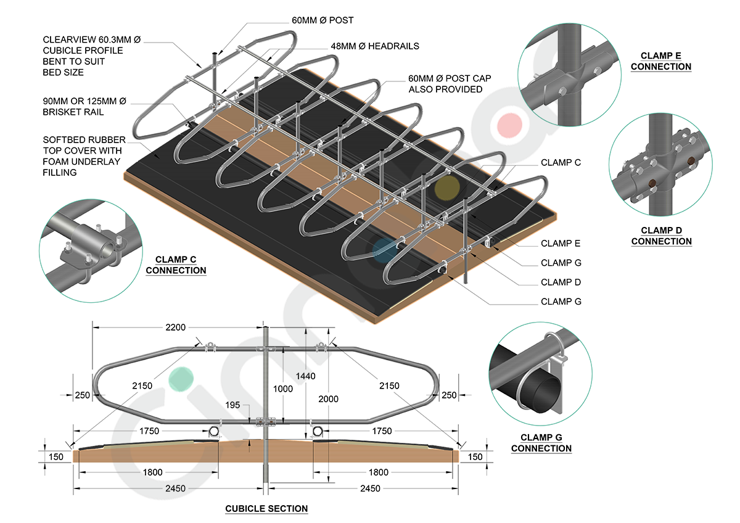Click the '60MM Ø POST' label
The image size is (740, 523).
coord(323,20)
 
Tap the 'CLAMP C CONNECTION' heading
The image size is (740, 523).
coord(176,265)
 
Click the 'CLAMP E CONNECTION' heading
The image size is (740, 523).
coord(661,61)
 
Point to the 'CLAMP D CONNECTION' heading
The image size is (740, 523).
coord(661,236)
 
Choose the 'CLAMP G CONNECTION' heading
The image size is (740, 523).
coord(541,443)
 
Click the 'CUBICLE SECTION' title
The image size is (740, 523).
coord(266,509)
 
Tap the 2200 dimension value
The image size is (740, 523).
coord(175,327)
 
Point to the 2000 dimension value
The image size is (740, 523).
coord(328,399)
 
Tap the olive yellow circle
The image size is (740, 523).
coord(447,189)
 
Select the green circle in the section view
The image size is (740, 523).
coord(182,378)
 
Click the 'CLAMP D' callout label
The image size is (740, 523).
coord(561,282)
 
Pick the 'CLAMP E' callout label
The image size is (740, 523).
coord(561,244)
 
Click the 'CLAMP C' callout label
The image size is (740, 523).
coord(561,163)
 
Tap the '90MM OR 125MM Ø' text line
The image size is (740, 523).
coord(83,101)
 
